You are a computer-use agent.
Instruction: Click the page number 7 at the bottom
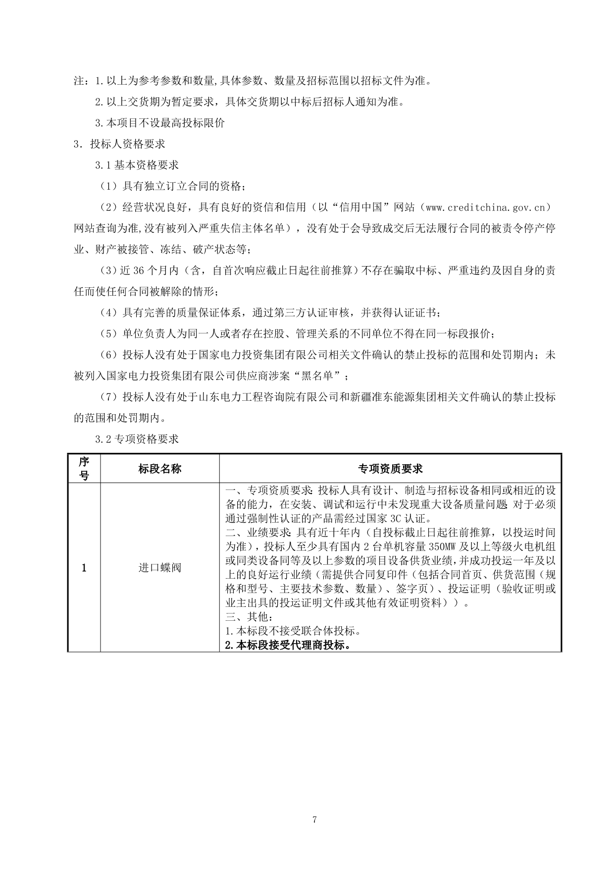[314, 819]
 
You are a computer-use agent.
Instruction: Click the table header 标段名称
[159, 469]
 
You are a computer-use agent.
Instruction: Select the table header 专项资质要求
[390, 469]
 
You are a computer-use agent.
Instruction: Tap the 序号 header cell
[84, 469]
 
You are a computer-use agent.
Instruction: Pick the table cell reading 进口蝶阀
[159, 568]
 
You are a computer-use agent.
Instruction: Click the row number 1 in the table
[84, 568]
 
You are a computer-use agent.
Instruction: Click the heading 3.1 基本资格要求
[137, 165]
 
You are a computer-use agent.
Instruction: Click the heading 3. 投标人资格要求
[119, 144]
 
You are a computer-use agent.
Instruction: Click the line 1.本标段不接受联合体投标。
[293, 631]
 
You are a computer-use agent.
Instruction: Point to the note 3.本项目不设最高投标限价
[160, 123]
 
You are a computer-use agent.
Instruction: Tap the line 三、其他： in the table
[249, 617]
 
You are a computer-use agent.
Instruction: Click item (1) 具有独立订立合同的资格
[172, 186]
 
